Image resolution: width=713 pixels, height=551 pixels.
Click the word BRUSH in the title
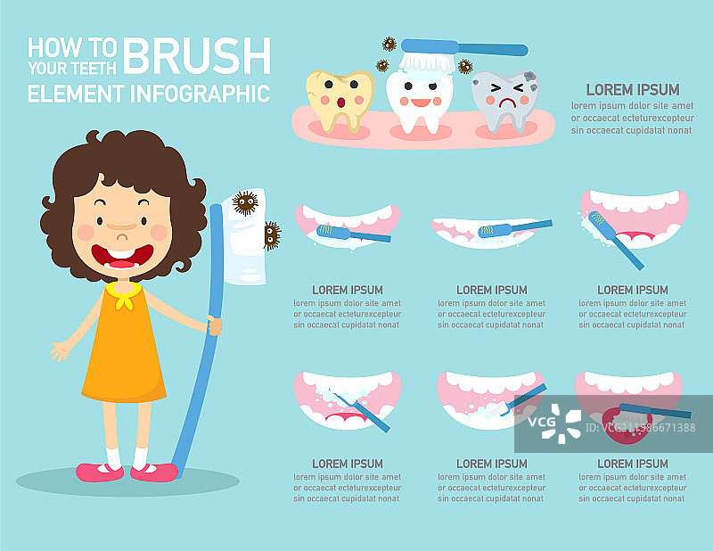point(197,55)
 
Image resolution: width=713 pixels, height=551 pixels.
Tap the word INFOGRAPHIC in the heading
point(201,94)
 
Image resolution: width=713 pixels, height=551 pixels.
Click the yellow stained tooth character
point(340,100)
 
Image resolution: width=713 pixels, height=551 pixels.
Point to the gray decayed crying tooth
point(505,102)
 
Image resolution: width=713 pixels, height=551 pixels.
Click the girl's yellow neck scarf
point(124,294)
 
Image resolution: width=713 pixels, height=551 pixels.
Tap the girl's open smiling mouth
point(122,257)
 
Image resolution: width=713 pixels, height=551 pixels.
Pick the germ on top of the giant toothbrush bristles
point(245,203)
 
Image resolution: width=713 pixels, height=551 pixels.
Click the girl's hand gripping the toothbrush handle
point(215,325)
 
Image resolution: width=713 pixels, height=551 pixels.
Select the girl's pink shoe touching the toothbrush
point(153,473)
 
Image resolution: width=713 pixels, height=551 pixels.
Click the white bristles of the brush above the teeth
point(427,62)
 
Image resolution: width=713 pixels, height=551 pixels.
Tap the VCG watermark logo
point(554,424)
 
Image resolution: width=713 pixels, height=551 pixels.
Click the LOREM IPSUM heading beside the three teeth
point(633,90)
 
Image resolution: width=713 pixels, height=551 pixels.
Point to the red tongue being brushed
point(627,426)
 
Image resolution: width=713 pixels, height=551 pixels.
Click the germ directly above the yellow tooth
point(389,45)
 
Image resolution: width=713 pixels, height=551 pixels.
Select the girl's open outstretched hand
point(61,350)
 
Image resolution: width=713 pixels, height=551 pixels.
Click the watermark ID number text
point(640,428)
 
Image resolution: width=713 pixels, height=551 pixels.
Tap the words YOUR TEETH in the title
point(72,69)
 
